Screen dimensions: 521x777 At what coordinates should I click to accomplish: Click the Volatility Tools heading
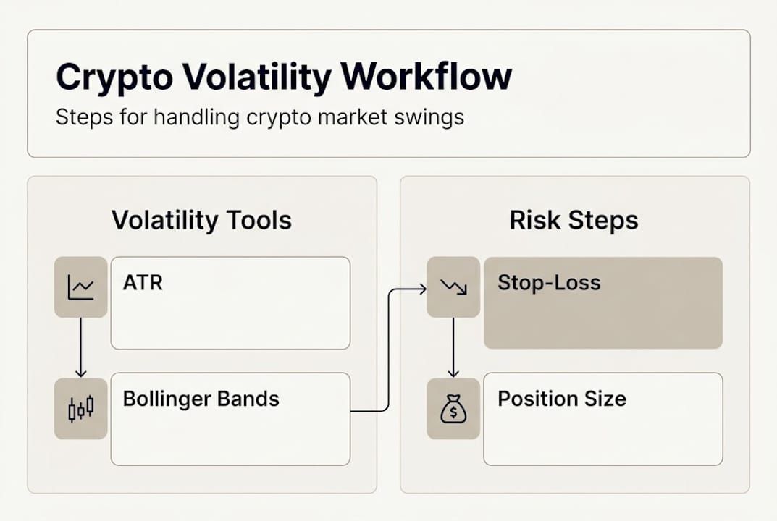201,220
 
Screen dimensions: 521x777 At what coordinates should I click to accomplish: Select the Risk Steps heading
574,220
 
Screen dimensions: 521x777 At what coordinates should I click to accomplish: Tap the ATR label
143,282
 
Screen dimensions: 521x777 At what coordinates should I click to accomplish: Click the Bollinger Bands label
201,398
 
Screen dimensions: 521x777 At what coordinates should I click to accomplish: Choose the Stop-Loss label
549,282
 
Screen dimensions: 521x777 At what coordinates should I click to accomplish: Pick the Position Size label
561,398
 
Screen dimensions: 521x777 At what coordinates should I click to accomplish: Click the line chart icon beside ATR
80,287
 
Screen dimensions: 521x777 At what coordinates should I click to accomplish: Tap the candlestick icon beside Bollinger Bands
80,408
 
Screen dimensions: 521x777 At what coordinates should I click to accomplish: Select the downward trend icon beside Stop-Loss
453,287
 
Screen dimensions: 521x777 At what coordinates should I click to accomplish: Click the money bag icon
453,409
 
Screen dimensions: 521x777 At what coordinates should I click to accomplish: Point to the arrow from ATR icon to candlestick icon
80,347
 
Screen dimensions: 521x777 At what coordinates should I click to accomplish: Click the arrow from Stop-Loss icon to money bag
453,347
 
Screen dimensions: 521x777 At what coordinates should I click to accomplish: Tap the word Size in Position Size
607,398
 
